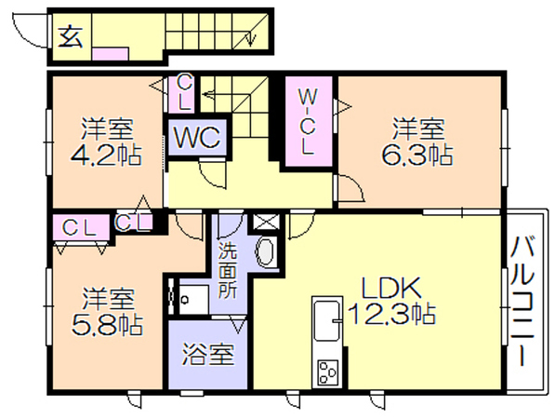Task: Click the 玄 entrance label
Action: [x=71, y=36]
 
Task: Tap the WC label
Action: [x=197, y=137]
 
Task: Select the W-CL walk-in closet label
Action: [x=307, y=122]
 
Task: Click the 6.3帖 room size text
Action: [x=417, y=155]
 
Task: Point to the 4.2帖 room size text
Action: [x=106, y=155]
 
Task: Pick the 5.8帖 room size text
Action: [x=107, y=325]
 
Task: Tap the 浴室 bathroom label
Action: [x=208, y=354]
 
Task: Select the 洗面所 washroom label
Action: [x=228, y=271]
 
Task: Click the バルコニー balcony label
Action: [x=522, y=302]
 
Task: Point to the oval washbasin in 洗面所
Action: [x=266, y=251]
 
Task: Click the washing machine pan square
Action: [x=193, y=300]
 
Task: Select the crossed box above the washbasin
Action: [x=266, y=222]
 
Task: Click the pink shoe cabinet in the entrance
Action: [x=110, y=54]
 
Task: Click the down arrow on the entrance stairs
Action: [x=251, y=39]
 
